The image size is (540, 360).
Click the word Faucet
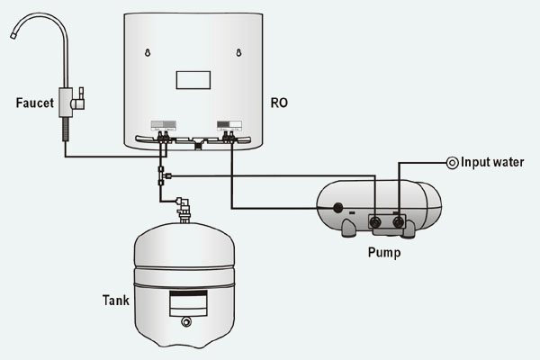(36, 103)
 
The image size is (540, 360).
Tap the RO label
(279, 103)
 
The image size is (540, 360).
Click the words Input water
(499, 163)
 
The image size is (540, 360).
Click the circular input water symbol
(453, 163)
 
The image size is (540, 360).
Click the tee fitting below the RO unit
(161, 175)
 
